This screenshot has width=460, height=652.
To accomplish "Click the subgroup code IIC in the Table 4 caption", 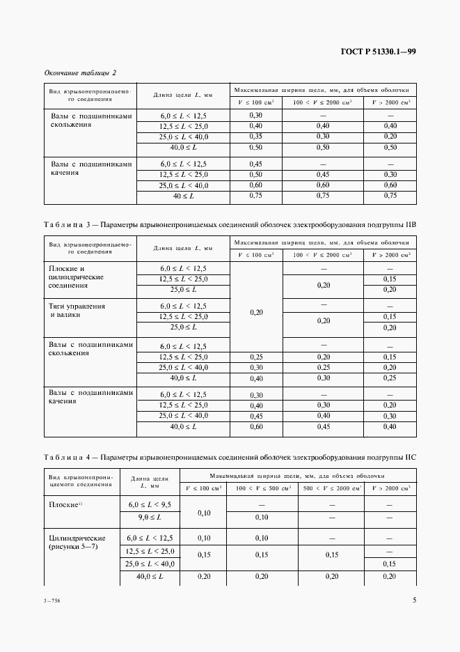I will [410, 458].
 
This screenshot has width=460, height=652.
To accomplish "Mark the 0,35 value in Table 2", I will [255, 137].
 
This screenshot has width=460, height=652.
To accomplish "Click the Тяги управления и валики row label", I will [77, 310].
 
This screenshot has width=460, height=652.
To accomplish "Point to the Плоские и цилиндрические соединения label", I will [77, 277].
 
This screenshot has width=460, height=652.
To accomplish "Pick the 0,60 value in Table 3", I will [255, 426].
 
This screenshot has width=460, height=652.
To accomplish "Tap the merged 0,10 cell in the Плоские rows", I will [204, 512].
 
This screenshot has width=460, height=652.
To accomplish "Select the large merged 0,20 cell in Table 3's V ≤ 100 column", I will [255, 313].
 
